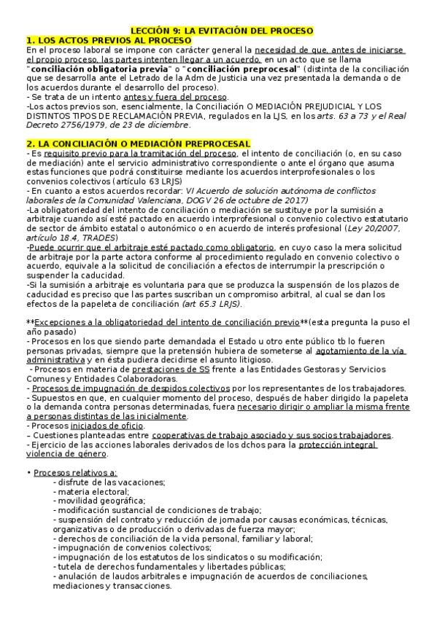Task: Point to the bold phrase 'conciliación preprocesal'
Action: pyautogui.click(x=227, y=68)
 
